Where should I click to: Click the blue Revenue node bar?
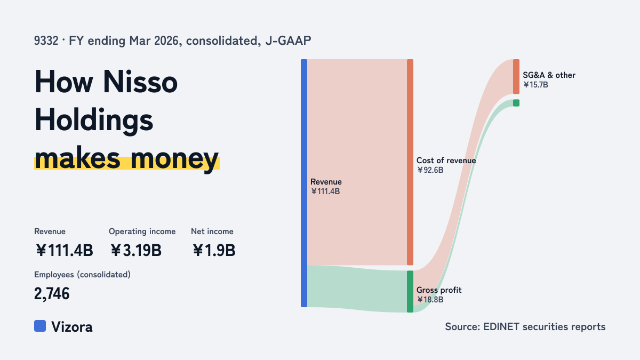[x=304, y=183]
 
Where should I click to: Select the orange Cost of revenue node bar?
[x=410, y=162]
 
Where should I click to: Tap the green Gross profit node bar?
[x=410, y=291]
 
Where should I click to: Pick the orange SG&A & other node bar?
[x=516, y=77]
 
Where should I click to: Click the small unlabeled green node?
[x=516, y=103]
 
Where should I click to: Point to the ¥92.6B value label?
[x=430, y=170]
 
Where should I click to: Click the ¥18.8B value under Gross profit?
[x=430, y=300]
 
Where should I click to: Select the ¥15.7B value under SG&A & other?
[x=535, y=85]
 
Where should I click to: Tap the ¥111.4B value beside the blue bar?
[x=325, y=191]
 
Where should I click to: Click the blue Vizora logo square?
[x=40, y=326]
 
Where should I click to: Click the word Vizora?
[x=72, y=327]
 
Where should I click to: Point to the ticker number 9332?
[x=46, y=41]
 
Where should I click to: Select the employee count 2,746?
[x=52, y=294]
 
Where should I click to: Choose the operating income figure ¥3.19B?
[x=135, y=250]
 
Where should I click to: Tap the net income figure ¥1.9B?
[x=214, y=250]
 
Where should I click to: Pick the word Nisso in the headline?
[x=140, y=82]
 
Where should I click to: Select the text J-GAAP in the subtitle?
[x=289, y=41]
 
